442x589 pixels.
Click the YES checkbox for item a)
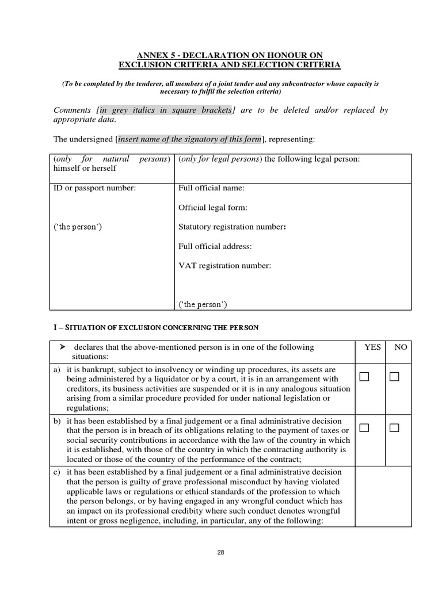click(x=364, y=377)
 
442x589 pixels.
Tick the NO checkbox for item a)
click(x=394, y=377)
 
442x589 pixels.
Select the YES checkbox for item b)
click(x=364, y=428)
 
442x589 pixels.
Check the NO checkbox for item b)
click(x=394, y=428)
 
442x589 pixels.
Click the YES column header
click(x=372, y=347)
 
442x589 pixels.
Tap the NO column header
click(x=401, y=347)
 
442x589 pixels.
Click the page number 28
click(x=221, y=552)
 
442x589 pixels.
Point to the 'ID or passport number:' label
click(x=94, y=189)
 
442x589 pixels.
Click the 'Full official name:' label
click(x=211, y=189)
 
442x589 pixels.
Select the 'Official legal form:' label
click(x=213, y=208)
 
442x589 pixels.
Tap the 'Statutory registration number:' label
click(x=233, y=227)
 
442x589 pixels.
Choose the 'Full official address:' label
click(x=215, y=246)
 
